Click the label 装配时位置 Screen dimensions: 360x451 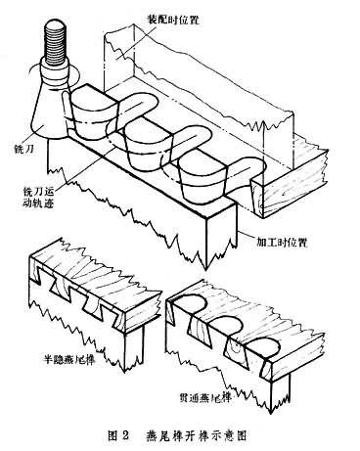point(172,20)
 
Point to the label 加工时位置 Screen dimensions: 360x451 point(282,243)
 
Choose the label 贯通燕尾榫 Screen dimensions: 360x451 point(205,397)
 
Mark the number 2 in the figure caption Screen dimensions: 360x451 point(124,435)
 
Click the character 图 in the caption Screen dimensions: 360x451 point(112,435)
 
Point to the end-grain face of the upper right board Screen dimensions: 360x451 point(295,185)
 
